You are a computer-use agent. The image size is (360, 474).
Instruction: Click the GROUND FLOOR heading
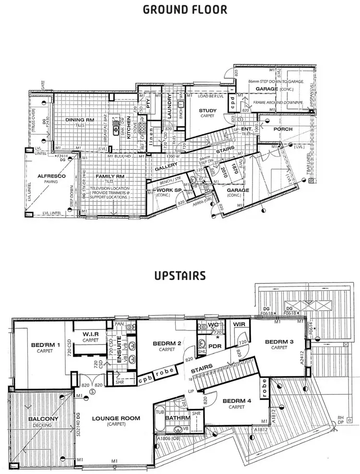180,10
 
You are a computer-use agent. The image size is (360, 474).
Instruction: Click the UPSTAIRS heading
180,276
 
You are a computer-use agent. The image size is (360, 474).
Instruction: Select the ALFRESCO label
45,176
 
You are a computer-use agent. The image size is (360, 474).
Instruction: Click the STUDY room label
208,111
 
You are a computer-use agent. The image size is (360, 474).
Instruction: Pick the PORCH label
283,130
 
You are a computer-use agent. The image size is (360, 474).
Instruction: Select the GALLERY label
166,168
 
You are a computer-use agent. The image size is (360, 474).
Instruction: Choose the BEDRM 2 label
167,344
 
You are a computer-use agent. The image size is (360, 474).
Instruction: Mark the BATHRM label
178,418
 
